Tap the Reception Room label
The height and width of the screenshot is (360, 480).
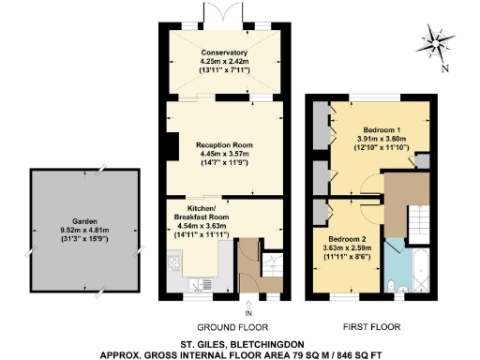point(223,146)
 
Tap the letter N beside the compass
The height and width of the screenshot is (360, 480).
point(444,68)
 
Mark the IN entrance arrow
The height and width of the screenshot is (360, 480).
point(247,307)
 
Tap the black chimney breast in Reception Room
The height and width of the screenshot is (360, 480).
point(170,146)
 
